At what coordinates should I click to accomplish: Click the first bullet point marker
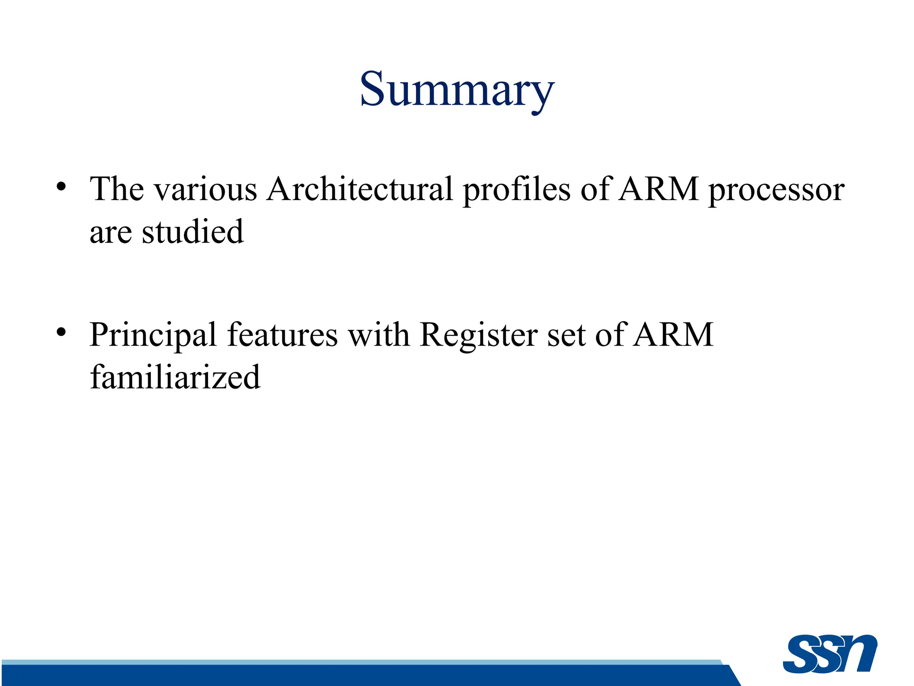tap(62, 187)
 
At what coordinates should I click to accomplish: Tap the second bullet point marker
tap(62, 332)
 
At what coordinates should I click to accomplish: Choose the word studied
tap(193, 232)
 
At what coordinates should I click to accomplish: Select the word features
tap(282, 335)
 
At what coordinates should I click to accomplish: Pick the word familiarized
tap(175, 377)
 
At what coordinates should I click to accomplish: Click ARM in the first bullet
tap(659, 189)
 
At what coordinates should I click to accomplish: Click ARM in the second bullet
tap(674, 335)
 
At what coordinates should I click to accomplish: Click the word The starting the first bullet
tap(117, 189)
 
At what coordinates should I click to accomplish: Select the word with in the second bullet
tap(378, 335)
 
